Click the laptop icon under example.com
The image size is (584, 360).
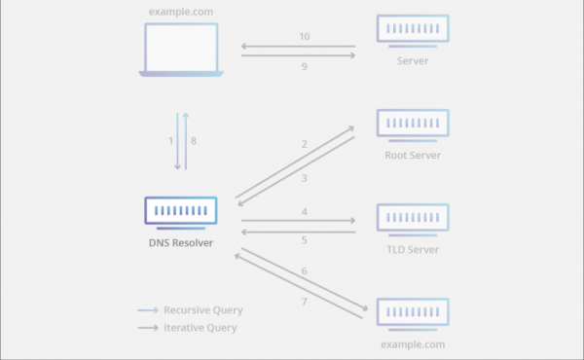point(181,50)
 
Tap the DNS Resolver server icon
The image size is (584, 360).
point(181,213)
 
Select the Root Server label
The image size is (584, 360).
point(413,156)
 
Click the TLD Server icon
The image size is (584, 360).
point(413,220)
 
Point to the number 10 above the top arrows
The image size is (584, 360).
point(305,36)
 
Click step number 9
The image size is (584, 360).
point(305,66)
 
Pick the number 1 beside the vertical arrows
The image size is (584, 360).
point(170,141)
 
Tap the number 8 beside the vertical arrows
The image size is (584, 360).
point(194,141)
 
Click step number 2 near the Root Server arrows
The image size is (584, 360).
point(305,144)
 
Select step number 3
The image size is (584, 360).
point(305,178)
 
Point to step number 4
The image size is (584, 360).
point(305,212)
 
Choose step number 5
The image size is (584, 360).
point(305,240)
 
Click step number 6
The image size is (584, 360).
point(305,271)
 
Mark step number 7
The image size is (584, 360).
point(305,302)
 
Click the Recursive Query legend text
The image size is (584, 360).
point(203,310)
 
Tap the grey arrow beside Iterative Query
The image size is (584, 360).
point(148,328)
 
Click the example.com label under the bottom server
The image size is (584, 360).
point(413,344)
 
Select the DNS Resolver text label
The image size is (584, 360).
point(181,242)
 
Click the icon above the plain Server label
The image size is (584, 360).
point(413,31)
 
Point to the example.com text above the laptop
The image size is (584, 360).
point(181,12)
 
